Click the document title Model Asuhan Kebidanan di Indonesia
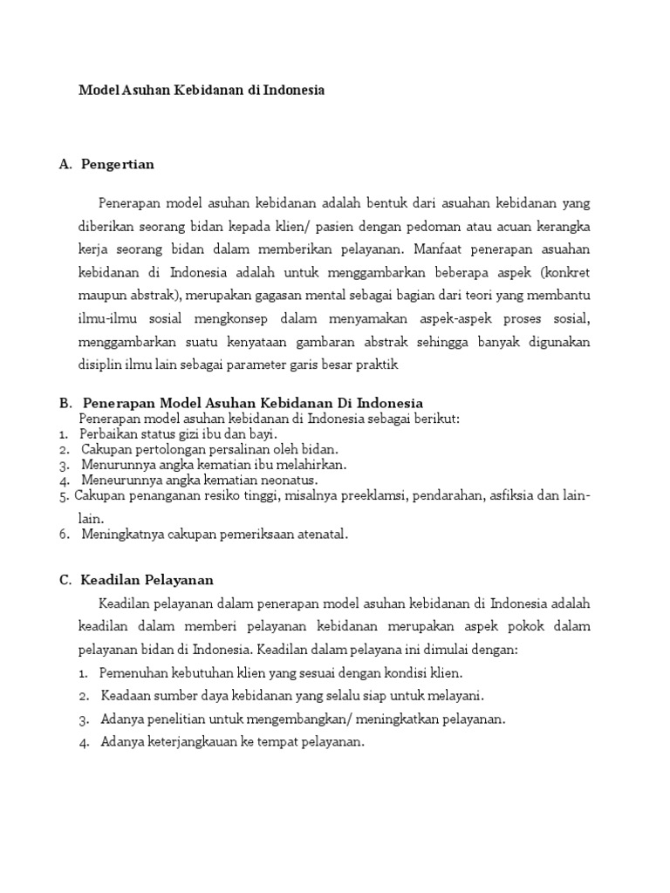point(202,90)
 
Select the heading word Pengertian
point(117,164)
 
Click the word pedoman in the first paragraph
point(456,226)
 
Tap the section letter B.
point(65,403)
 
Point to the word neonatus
point(286,480)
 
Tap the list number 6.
point(65,535)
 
